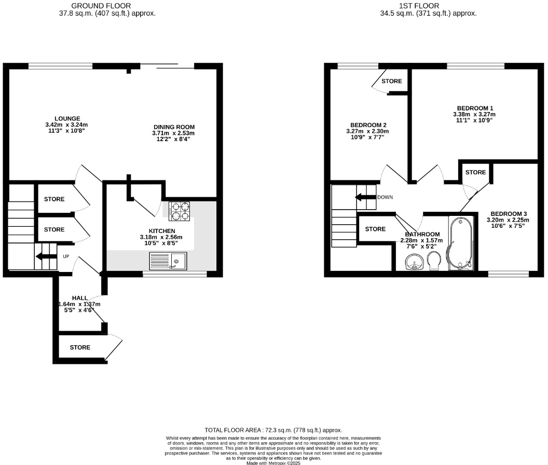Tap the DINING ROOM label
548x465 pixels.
coord(174,127)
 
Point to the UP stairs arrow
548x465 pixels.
coord(46,256)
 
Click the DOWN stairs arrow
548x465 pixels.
coord(365,197)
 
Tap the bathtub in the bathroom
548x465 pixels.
coord(461,243)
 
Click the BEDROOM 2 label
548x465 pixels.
coord(368,125)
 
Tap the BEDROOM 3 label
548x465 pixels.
coord(509,214)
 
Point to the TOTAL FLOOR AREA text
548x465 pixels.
coord(273,430)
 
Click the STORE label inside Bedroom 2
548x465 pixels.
coord(392,81)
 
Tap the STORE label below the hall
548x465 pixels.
coord(80,347)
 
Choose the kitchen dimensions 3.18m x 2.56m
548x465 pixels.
coord(161,237)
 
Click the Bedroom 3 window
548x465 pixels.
coord(509,273)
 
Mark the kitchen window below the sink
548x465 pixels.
coord(175,273)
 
